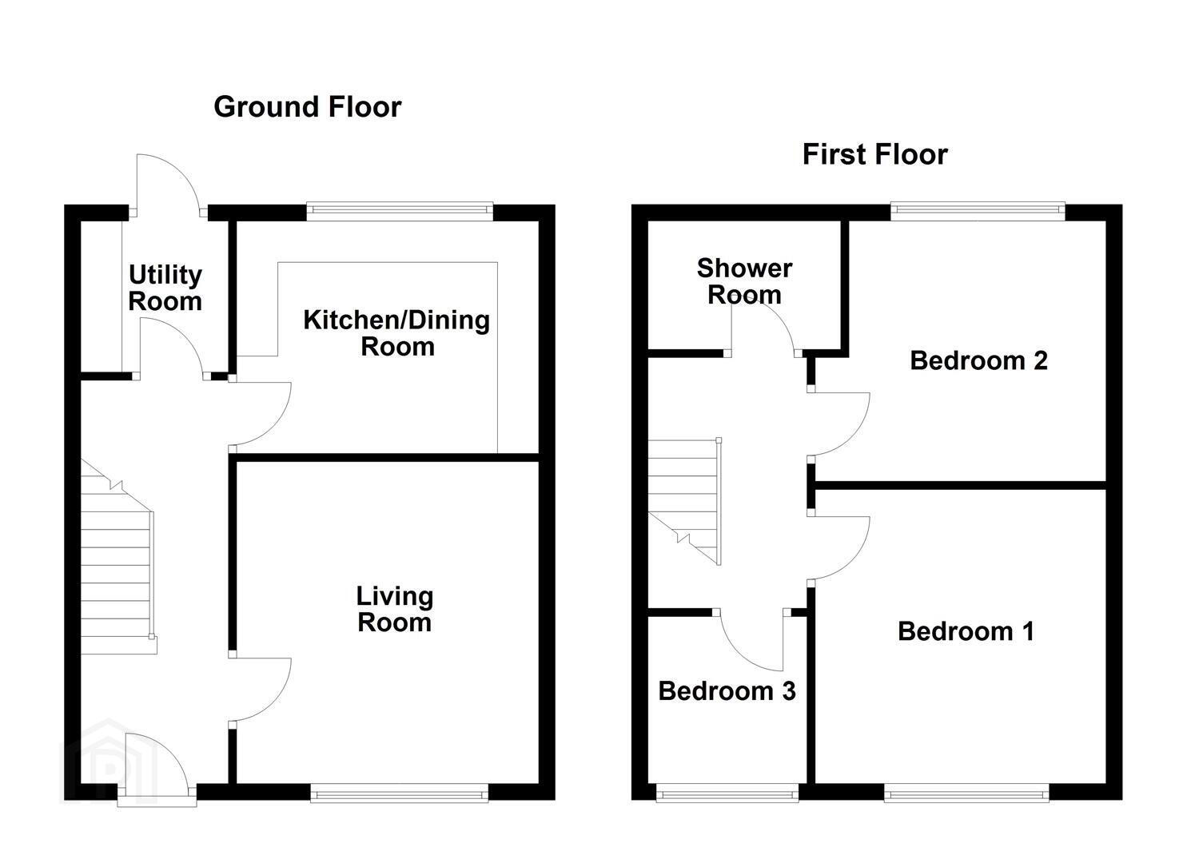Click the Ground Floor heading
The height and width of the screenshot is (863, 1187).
pos(307,107)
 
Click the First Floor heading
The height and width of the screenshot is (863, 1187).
pos(874,154)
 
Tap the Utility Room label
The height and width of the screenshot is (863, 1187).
pos(165,288)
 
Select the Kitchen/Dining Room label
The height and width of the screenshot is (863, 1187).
pos(396,333)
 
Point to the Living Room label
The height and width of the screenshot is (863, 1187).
pos(394,609)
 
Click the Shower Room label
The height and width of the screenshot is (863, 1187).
pos(744,281)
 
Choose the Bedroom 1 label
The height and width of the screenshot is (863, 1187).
pos(966,631)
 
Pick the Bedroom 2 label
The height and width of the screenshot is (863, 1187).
pos(978,360)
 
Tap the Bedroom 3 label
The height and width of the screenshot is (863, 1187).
pos(727,690)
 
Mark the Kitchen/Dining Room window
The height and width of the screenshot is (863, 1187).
pos(400,211)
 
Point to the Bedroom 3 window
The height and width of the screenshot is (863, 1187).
pos(727,793)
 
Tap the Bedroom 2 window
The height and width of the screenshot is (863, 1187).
pos(978,211)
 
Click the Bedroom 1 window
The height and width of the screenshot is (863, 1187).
pos(966,793)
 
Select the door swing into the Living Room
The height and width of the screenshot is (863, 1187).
pos(260,689)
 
